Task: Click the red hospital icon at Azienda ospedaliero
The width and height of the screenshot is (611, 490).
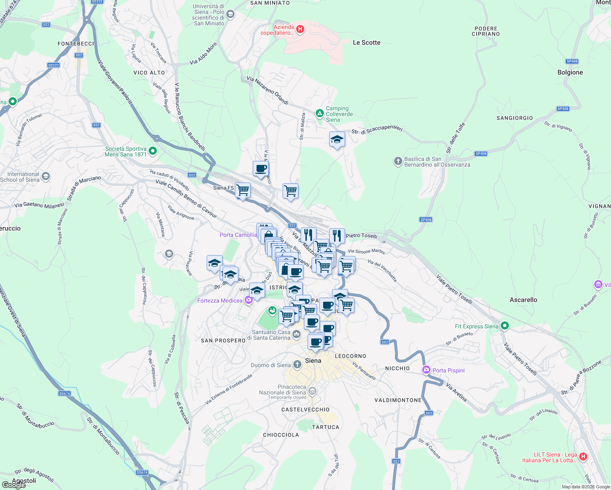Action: pyautogui.click(x=300, y=29)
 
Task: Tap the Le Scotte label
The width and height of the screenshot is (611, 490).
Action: pyautogui.click(x=366, y=42)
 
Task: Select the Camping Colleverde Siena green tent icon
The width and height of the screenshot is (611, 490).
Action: pyautogui.click(x=319, y=113)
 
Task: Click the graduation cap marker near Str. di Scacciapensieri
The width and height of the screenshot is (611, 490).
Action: pyautogui.click(x=337, y=140)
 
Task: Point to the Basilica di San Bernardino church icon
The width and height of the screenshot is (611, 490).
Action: pyautogui.click(x=398, y=161)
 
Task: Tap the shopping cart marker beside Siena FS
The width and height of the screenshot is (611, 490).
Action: pyautogui.click(x=243, y=190)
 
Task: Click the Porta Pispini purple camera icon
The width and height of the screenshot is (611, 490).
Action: pyautogui.click(x=426, y=370)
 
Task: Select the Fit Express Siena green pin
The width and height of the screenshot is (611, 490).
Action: pyautogui.click(x=505, y=325)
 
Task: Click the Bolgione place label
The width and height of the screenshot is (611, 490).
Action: pyautogui.click(x=570, y=72)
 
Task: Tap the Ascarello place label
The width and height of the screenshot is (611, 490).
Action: pyautogui.click(x=523, y=300)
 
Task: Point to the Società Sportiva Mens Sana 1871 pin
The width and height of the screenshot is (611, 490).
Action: pyautogui.click(x=153, y=151)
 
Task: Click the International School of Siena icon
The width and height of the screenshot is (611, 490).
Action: pyautogui.click(x=46, y=176)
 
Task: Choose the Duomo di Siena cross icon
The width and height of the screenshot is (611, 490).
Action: pyautogui.click(x=297, y=365)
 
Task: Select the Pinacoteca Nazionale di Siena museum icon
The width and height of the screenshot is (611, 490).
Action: pyautogui.click(x=312, y=391)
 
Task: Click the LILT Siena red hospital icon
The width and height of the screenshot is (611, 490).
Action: pyautogui.click(x=583, y=457)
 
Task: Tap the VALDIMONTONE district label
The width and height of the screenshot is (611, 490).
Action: pyautogui.click(x=398, y=400)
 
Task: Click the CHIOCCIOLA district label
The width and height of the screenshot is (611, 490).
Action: pyautogui.click(x=281, y=435)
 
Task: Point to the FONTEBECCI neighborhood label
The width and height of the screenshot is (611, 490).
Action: pyautogui.click(x=76, y=44)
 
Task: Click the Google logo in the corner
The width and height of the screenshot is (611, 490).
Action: pyautogui.click(x=14, y=485)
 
